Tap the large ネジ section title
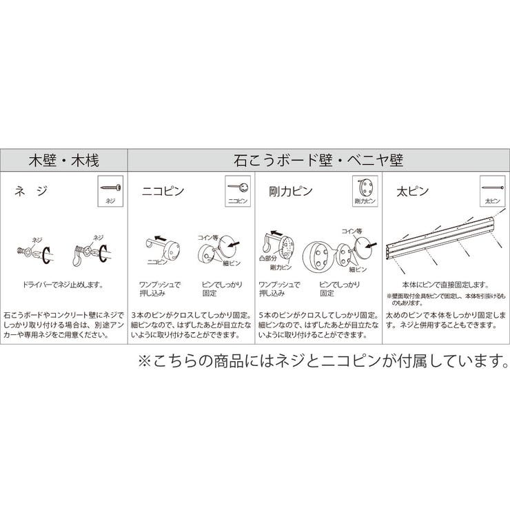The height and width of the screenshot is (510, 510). [x=32, y=192]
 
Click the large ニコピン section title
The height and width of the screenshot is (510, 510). [x=163, y=192]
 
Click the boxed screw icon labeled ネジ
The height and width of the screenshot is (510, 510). [x=111, y=191]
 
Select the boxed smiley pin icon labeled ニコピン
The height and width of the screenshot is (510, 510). [x=238, y=191]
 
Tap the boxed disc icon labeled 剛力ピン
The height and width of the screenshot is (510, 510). [x=365, y=191]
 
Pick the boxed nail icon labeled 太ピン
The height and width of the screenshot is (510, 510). [x=491, y=191]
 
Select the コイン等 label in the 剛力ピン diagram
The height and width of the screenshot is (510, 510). [x=353, y=232]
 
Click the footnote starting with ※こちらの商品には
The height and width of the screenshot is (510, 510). [x=320, y=361]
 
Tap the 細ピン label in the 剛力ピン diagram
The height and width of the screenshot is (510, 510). [x=356, y=270]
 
